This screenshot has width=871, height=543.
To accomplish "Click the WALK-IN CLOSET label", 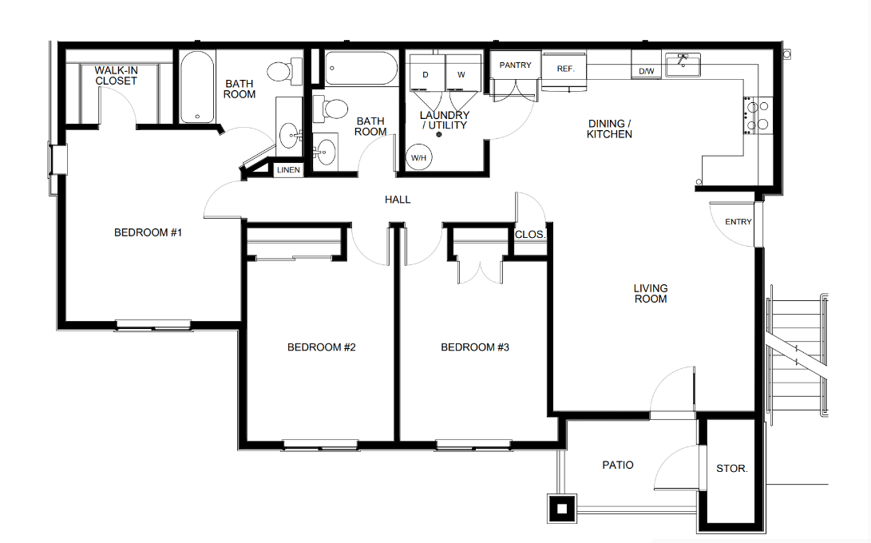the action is pos(116,76).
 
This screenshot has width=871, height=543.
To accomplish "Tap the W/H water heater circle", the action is pos(418,157).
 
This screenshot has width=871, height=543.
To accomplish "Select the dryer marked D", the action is pos(426,73).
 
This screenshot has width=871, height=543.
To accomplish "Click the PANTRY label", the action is pos(516,65).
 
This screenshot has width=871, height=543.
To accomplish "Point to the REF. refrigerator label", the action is pos(565,69).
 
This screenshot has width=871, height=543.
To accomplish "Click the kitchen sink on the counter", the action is pos(683,65).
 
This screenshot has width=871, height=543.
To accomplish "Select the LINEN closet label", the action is pos(288,170).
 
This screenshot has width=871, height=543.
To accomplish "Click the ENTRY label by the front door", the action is pos(738,222).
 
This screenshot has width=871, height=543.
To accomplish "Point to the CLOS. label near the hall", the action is pos(530,235).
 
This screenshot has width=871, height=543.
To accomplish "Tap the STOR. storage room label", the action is pos(731,469).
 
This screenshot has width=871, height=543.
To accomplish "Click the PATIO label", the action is pos(618,465).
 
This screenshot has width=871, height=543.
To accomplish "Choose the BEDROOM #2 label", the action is pos(321,347).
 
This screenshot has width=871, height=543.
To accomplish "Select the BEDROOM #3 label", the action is pos(475,347).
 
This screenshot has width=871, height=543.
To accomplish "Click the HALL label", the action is pos(398,200).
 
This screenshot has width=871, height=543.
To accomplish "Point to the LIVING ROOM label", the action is pos(651,293).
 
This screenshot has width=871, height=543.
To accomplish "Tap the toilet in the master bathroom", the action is pos(284,71).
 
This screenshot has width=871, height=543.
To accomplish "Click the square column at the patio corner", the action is pos(562,509).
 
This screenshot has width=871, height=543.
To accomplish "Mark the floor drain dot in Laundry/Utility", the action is pos(439,134).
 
